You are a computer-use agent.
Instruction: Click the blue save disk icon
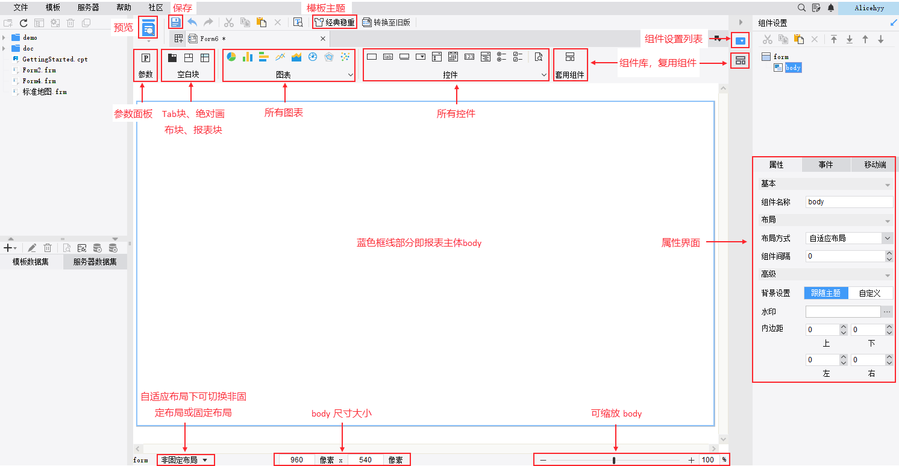[x=175, y=22]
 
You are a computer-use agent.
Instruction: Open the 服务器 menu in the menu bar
[x=89, y=8]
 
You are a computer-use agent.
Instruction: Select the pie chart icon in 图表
[x=231, y=57]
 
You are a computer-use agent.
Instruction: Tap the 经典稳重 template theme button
[x=334, y=22]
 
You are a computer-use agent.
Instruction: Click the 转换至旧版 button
[x=386, y=22]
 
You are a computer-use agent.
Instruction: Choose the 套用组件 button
[x=569, y=65]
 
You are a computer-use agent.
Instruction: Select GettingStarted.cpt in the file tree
[x=55, y=59]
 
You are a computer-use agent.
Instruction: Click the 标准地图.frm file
[x=44, y=92]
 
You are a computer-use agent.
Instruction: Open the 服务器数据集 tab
[x=95, y=262]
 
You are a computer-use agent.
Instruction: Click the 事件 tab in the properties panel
[x=825, y=165]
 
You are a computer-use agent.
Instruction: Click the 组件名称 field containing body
[x=849, y=202]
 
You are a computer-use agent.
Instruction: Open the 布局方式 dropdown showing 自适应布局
[x=849, y=238]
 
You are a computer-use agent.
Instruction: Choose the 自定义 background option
[x=869, y=293]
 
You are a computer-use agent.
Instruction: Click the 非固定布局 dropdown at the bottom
[x=184, y=460]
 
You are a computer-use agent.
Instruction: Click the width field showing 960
[x=296, y=460]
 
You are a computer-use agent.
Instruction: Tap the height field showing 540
[x=365, y=460]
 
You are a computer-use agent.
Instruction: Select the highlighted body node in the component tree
[x=793, y=68]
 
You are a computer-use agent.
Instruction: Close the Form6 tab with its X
[x=322, y=39]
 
